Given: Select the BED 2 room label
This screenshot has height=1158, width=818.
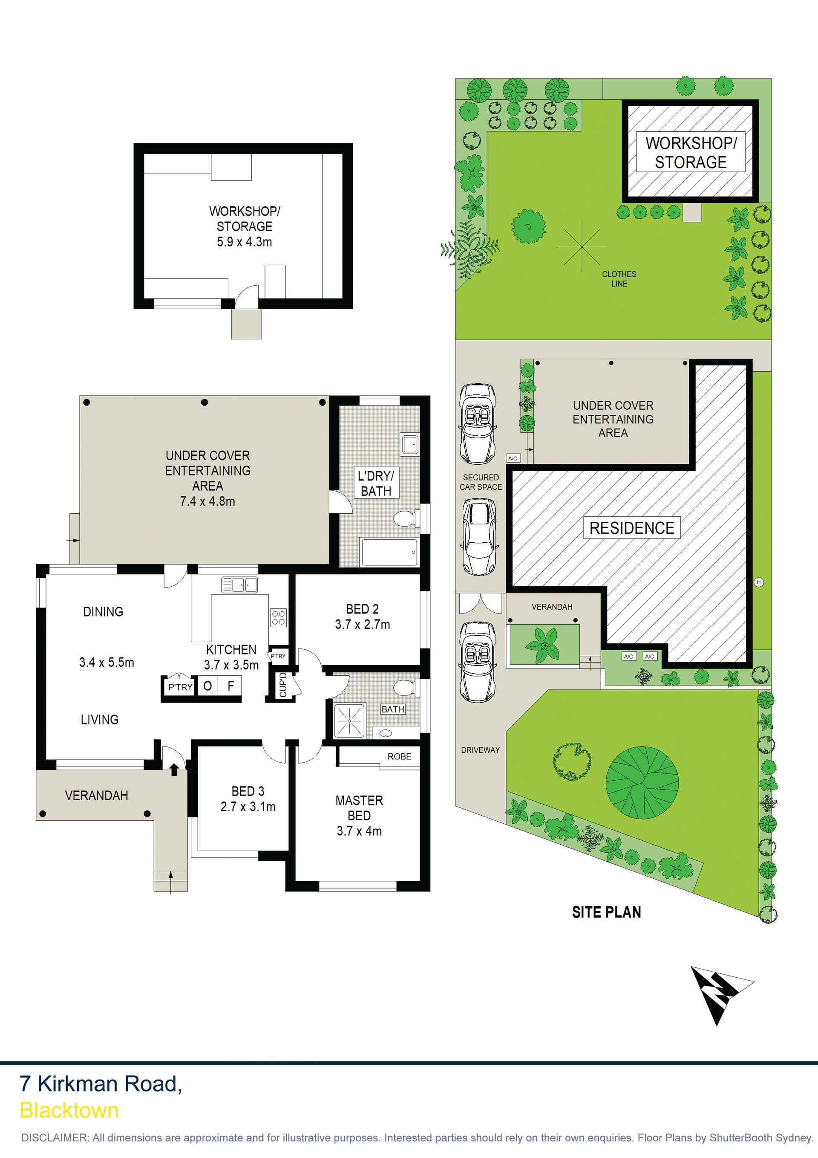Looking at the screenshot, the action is (363, 609).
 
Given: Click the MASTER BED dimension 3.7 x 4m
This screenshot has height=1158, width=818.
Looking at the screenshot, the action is (359, 831).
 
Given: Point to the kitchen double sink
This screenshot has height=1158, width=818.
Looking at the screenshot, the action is (239, 585).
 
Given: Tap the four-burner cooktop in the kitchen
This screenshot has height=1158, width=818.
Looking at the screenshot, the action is (279, 617).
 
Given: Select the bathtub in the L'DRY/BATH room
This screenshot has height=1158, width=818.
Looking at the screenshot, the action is (389, 552).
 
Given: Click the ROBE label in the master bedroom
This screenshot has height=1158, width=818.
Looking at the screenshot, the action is (399, 756).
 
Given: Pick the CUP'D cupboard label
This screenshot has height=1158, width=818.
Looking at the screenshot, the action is (283, 685).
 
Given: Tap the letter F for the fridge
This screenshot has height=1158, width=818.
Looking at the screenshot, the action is (231, 686).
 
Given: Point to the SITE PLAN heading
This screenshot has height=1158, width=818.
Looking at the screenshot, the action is (606, 912).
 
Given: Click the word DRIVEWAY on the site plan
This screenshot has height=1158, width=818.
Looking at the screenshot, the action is (480, 750).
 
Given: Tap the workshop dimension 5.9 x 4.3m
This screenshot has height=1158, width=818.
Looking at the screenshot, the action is (245, 242).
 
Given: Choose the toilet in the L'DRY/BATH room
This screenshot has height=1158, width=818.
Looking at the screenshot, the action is (404, 518).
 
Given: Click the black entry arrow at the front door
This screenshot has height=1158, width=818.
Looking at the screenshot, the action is (174, 769).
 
